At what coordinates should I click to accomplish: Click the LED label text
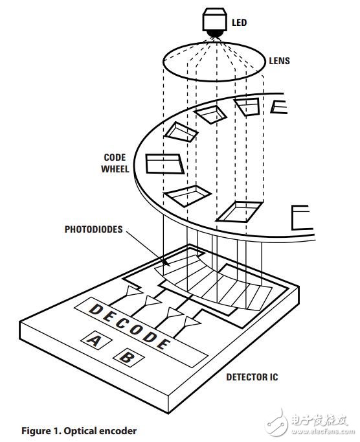click(239, 22)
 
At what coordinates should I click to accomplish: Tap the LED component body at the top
click(216, 19)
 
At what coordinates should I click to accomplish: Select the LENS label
click(279, 61)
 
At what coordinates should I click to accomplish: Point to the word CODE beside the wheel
click(115, 157)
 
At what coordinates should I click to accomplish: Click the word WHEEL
click(115, 169)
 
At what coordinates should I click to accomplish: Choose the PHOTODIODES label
click(93, 229)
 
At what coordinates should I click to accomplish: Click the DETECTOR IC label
click(252, 377)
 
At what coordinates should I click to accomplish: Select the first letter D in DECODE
click(96, 309)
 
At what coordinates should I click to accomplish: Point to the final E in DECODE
click(163, 343)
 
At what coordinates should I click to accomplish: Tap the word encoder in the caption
click(118, 431)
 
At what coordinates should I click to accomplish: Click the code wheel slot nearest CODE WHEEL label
click(165, 164)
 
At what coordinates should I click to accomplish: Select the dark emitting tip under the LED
click(216, 34)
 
